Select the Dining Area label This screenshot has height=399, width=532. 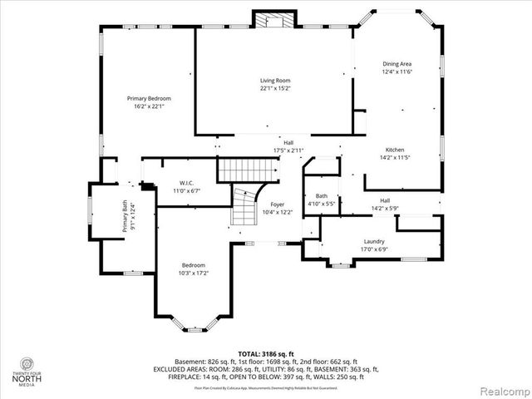pos(397,64)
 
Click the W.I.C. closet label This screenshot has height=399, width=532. pos(187,183)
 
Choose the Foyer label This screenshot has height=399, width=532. pos(277,204)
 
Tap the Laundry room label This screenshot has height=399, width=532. pos(373,241)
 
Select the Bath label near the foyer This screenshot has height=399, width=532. pos(321,196)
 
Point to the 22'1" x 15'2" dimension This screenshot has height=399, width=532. pos(275,88)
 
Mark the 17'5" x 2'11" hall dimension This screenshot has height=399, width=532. pos(288,150)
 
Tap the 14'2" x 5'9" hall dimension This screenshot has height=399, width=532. pos(385,208)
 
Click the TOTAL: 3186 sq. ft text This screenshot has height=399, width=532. pos(266,353)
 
